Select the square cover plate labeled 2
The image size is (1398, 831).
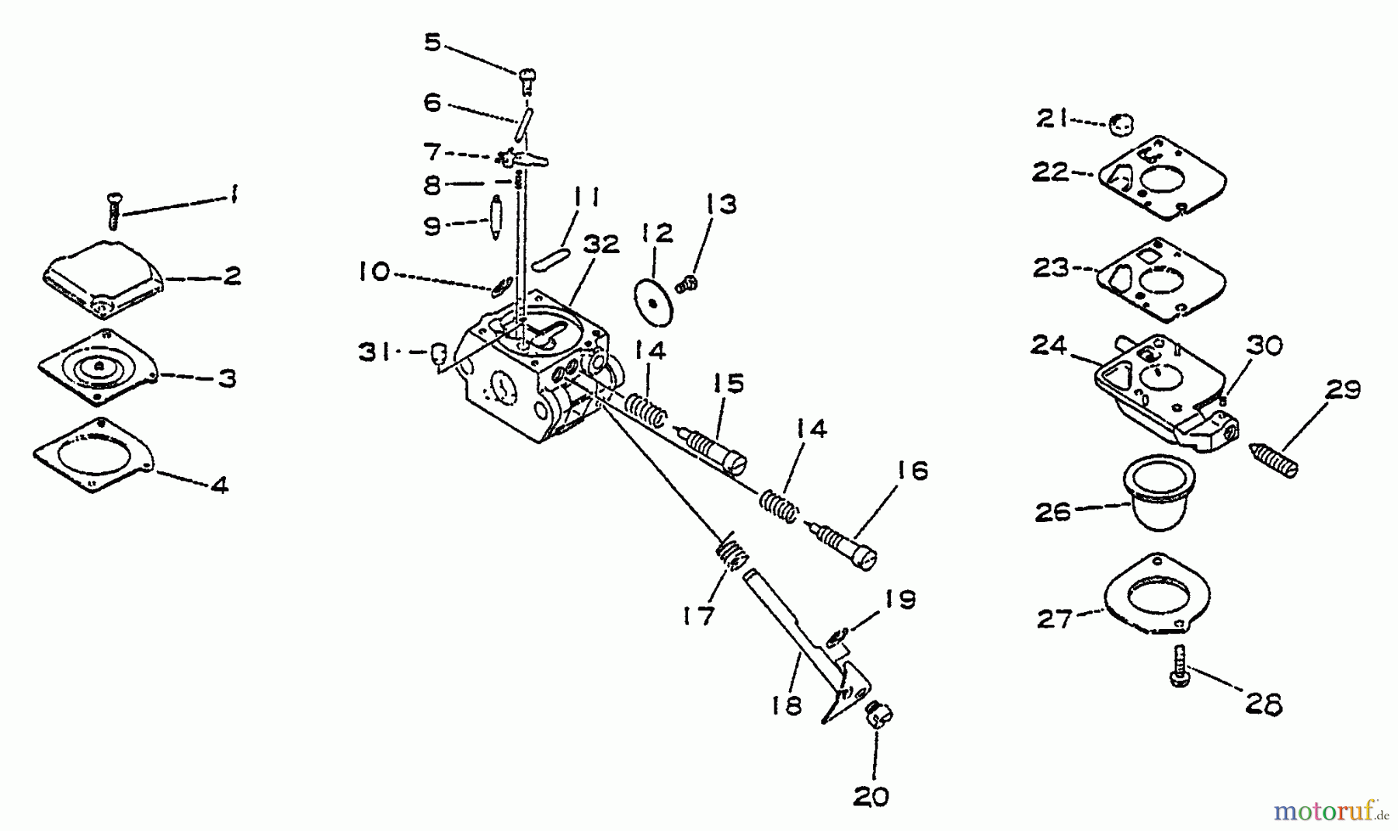click(103, 278)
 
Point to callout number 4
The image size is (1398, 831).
click(220, 485)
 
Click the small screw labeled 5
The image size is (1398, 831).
click(529, 79)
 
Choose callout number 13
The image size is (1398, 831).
click(722, 204)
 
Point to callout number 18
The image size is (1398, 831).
click(788, 705)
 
